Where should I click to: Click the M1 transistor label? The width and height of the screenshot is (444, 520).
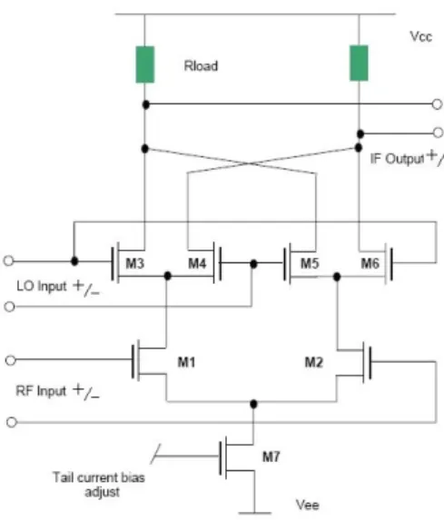pos(186,362)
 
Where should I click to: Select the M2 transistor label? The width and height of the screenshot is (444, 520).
pos(313,362)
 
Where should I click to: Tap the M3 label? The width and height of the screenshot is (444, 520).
pos(134,263)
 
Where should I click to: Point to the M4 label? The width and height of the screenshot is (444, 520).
pos(197,263)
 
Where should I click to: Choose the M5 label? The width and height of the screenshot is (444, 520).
pos(310,263)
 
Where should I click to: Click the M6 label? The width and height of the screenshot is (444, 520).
pos(370,263)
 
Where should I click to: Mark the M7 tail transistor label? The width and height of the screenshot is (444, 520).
pos(271,456)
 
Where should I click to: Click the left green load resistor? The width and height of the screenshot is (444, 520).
pos(145,64)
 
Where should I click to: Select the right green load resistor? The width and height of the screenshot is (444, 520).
pos(359,63)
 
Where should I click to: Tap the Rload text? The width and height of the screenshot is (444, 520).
pos(201,65)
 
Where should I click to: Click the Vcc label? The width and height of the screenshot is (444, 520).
pos(421,36)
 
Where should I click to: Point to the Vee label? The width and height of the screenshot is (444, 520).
pos(308,505)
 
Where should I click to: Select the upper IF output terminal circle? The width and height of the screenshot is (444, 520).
pos(437,104)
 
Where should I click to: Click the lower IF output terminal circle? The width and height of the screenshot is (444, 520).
pos(438,132)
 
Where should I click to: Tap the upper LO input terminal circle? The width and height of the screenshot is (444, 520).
pos(9,260)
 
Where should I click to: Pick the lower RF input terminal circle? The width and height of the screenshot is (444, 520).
pos(12,422)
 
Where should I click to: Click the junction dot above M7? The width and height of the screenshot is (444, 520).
pos(253,404)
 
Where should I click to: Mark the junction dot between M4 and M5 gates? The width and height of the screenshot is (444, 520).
pos(253,264)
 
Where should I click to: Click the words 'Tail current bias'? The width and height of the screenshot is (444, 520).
pos(99,477)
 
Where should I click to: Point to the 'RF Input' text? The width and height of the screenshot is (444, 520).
pos(41,390)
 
